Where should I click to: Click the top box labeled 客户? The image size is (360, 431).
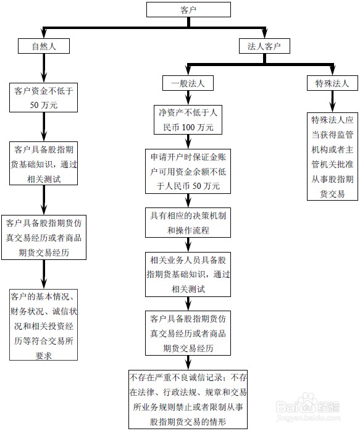coord(180,10)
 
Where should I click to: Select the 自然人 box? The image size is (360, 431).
coord(43,46)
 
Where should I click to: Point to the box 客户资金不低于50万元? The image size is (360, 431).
coord(44,98)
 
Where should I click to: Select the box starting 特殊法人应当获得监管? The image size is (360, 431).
coord(332,156)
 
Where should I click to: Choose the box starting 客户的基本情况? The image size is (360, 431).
coord(43,324)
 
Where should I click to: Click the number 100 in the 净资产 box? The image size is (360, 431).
coord(190,127)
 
